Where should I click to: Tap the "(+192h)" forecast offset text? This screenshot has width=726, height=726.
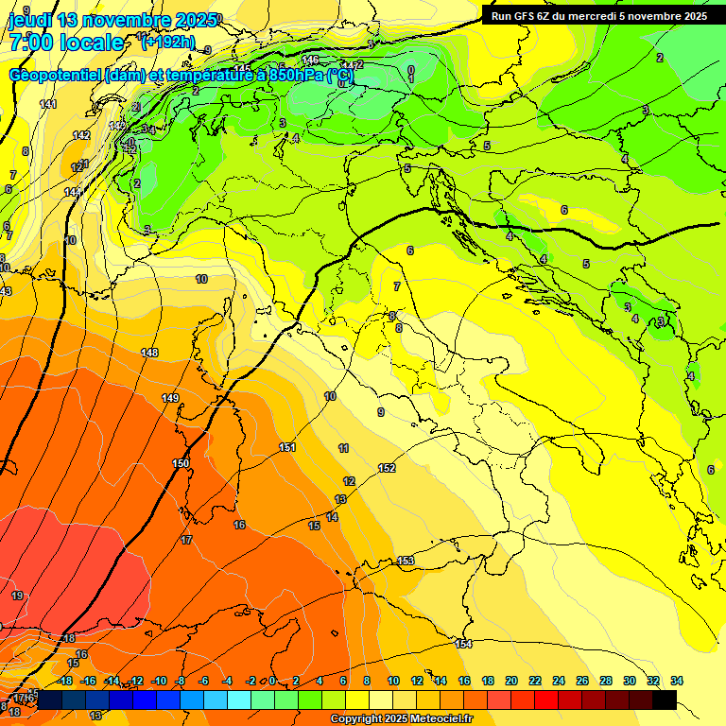(x=168, y=42)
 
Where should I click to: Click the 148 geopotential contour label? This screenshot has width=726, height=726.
(x=149, y=353)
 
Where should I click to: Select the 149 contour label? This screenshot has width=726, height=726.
(x=170, y=398)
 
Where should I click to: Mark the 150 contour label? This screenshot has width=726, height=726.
(x=181, y=463)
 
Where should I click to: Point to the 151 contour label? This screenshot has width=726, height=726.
(x=287, y=447)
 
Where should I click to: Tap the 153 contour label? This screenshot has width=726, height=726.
(x=406, y=561)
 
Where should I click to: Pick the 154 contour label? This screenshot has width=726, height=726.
(x=463, y=644)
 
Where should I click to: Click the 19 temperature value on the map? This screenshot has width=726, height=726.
(x=17, y=596)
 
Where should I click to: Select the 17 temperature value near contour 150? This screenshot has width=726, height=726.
(x=186, y=540)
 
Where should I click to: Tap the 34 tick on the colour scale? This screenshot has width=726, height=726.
(x=677, y=681)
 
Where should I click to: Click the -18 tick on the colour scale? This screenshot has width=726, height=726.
(x=65, y=681)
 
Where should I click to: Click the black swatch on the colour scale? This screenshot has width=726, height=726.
(x=665, y=700)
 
